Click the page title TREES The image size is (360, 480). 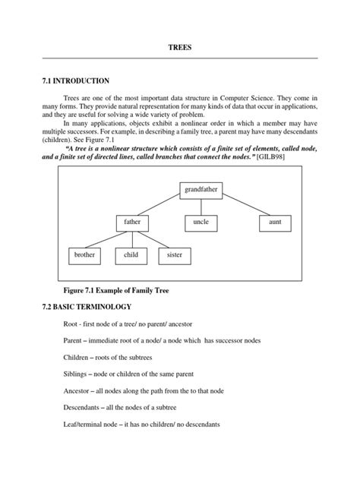(180, 47)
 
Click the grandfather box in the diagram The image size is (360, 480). (201, 189)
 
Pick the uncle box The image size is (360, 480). (201, 223)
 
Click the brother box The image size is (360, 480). (84, 256)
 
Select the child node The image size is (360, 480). (131, 256)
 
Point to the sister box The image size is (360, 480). (175, 256)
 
